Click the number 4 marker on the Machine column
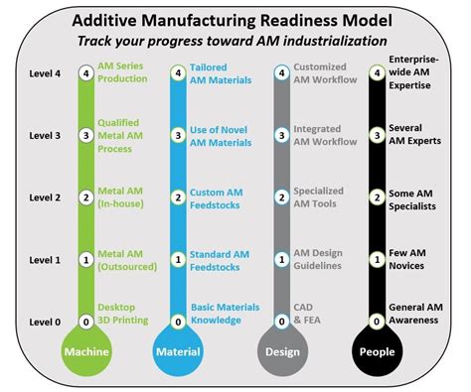pyautogui.click(x=86, y=71)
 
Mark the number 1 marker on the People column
pyautogui.click(x=376, y=259)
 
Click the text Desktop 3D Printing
pyautogui.click(x=123, y=315)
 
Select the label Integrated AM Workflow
pyautogui.click(x=324, y=135)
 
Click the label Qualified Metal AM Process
pyautogui.click(x=118, y=136)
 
